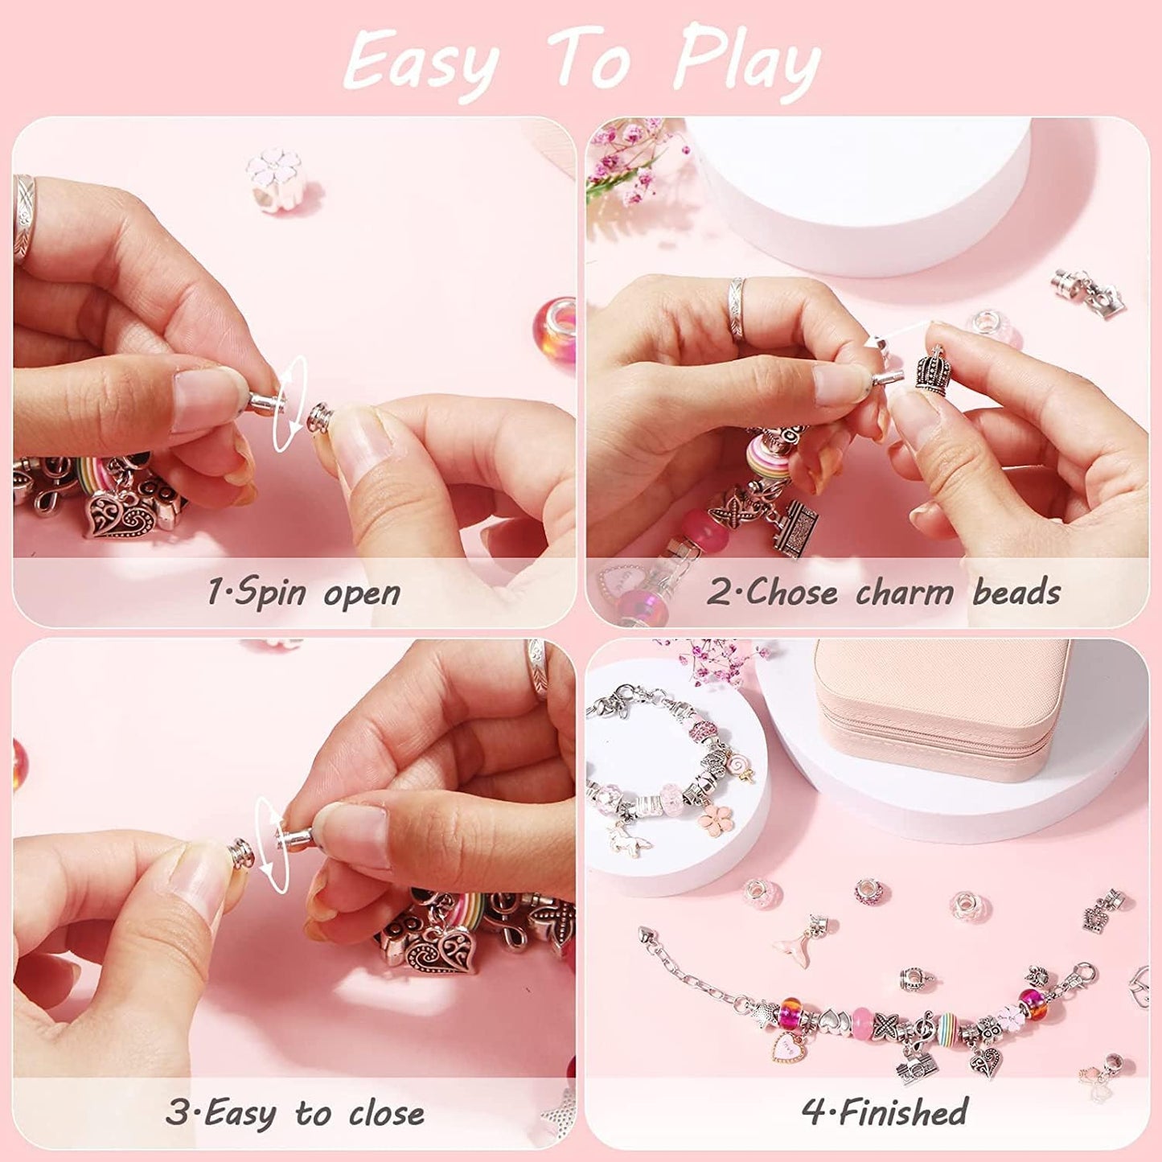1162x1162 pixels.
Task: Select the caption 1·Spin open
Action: tap(304, 593)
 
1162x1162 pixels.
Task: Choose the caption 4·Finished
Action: tap(885, 1112)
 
